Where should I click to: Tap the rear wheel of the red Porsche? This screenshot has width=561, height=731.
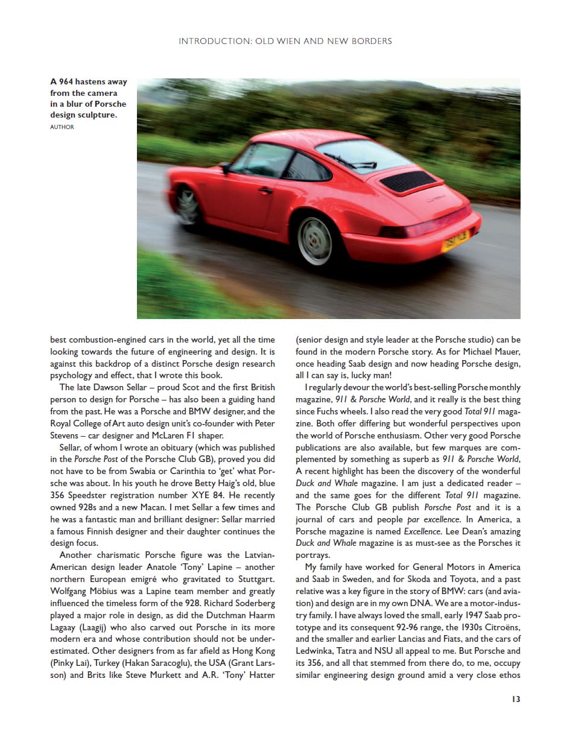(x=314, y=241)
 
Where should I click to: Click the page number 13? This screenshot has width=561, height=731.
(x=515, y=699)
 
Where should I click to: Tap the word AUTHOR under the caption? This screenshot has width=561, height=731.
(x=62, y=127)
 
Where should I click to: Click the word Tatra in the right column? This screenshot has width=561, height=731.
(x=356, y=651)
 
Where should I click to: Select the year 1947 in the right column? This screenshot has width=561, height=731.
(x=440, y=615)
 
